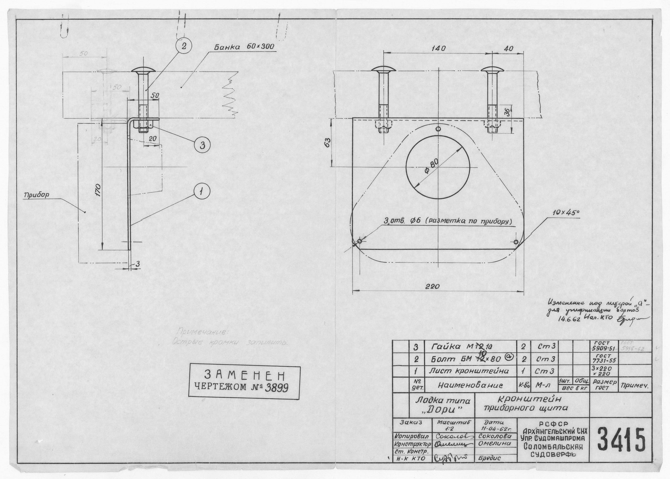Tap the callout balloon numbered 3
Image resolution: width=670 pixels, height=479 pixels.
click(x=202, y=145)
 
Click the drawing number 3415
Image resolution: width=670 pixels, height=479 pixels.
click(x=621, y=440)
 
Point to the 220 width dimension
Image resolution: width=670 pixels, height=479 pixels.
click(x=433, y=286)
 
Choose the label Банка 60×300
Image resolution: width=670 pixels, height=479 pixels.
click(x=244, y=47)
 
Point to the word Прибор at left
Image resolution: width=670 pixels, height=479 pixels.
click(x=37, y=195)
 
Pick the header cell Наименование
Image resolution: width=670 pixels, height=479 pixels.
click(x=470, y=385)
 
